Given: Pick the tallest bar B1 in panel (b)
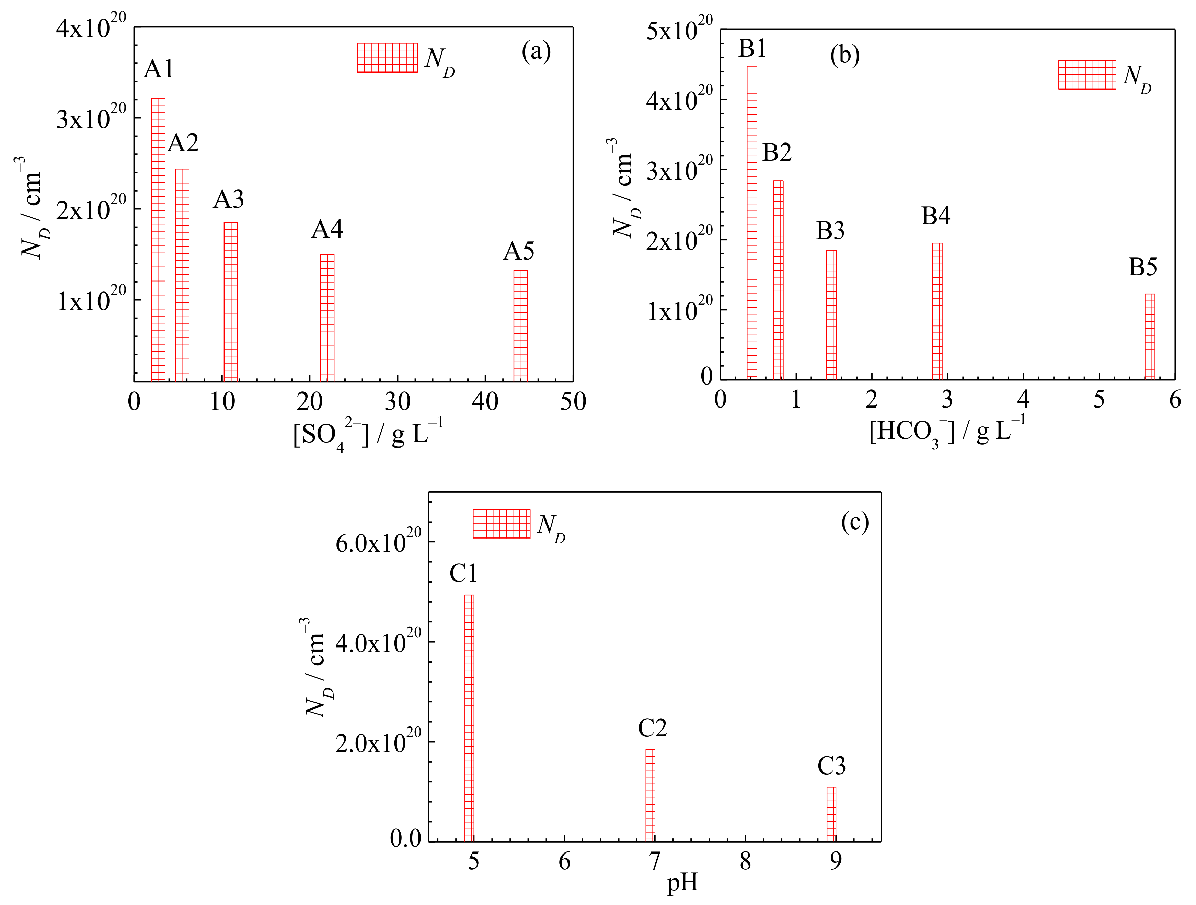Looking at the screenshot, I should point(751,222).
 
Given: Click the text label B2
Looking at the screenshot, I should point(777,153).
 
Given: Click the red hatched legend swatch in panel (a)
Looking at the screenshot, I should point(387,58).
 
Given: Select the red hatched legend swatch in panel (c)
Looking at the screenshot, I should point(501,524).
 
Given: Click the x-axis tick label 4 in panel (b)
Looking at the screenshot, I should point(1023,400).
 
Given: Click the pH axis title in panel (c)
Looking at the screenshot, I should point(682,883).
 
